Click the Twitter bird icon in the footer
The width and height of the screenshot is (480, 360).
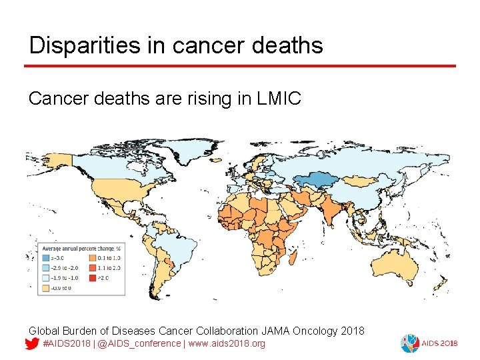[x=31, y=344]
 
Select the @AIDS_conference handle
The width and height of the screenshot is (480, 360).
[x=137, y=343]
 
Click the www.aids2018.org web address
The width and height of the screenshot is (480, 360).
[x=227, y=343]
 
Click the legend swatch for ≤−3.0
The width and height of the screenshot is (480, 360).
[x=45, y=257]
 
